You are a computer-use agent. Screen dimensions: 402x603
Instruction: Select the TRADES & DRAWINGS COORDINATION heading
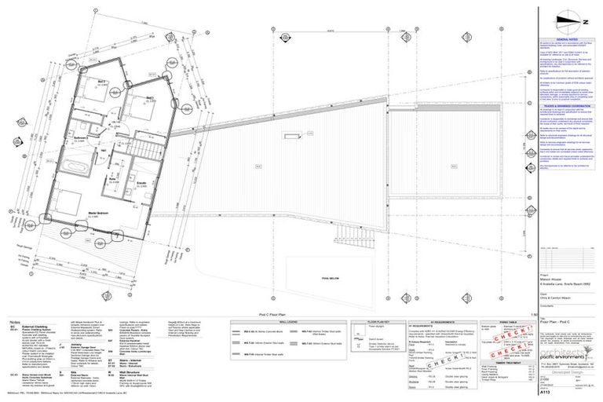pos(566,101)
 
